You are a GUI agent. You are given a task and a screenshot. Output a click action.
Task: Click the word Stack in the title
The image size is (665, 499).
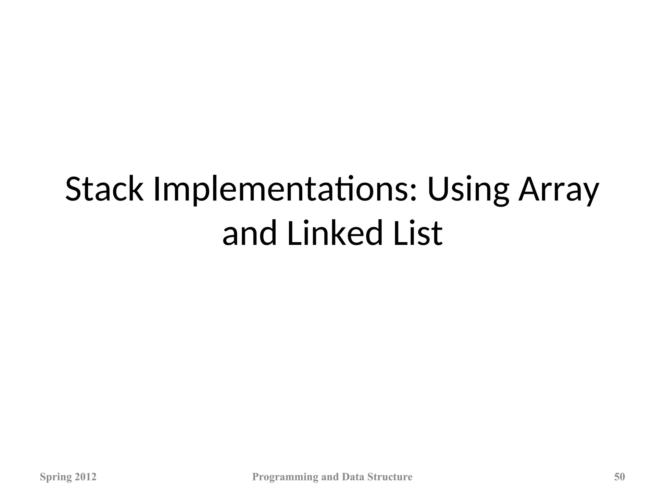(104, 189)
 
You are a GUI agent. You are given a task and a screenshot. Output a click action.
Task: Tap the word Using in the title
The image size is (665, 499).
(468, 189)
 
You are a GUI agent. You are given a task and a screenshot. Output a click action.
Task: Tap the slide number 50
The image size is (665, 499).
(619, 477)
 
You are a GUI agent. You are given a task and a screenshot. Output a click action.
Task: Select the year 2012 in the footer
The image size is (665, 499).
(85, 477)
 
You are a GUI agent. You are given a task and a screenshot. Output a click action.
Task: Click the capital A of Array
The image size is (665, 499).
(529, 189)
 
